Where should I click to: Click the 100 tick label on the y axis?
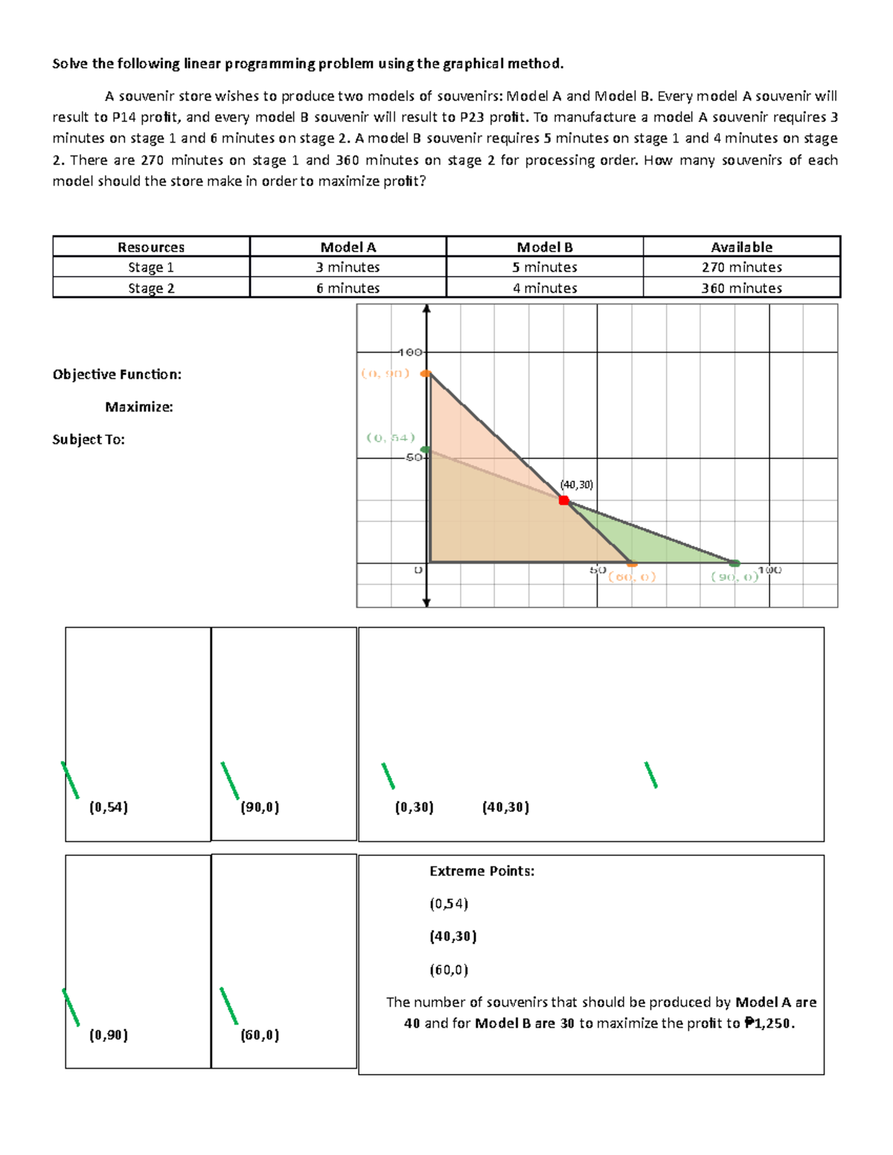409,352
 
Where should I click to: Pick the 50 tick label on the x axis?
598,570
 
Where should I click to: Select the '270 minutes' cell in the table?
741,267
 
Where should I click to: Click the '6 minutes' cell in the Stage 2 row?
348,288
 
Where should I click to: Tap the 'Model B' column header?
545,247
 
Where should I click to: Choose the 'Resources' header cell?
151,247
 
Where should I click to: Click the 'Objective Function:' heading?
117,374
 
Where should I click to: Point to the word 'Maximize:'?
138,407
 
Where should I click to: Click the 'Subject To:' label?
89,440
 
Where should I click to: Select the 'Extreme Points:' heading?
481,871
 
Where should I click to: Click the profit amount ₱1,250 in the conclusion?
769,1023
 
